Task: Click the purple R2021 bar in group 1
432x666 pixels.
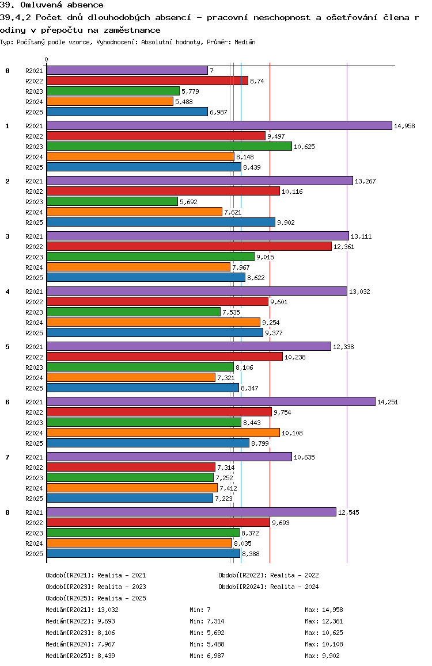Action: point(219,125)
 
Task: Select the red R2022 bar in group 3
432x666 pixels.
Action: point(189,246)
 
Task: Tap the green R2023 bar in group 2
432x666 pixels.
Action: point(112,201)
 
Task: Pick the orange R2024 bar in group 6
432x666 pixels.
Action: point(163,432)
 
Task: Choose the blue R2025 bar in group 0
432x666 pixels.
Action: point(127,112)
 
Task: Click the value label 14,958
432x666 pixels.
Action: point(404,126)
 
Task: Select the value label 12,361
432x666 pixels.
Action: point(344,247)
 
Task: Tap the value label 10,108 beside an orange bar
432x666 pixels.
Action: point(292,433)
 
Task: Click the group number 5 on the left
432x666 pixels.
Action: point(7,347)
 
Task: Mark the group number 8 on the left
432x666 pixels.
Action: point(7,512)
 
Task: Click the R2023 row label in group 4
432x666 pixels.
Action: point(34,312)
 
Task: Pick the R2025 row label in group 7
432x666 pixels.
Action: point(34,499)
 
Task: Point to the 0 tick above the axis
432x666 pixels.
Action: point(47,59)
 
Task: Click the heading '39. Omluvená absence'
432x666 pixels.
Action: point(52,5)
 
